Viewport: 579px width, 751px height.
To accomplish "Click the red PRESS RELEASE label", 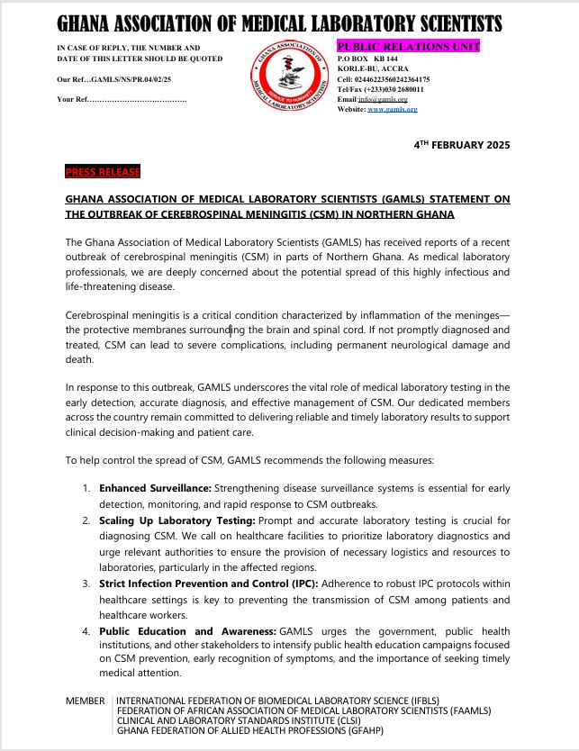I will [103, 171].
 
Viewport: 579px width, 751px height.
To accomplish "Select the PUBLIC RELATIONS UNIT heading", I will [408, 46].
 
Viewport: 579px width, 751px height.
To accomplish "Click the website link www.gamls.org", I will [393, 109].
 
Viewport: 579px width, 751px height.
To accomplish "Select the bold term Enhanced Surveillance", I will [155, 488].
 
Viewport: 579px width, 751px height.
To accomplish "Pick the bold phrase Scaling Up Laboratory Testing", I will [165, 521].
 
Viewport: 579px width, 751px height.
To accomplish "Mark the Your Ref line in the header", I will [121, 98].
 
